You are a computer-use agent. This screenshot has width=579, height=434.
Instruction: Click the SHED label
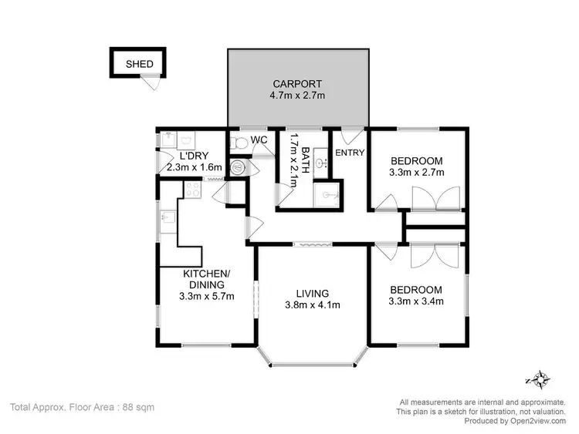140,64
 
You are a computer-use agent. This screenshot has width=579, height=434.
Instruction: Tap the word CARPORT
297,84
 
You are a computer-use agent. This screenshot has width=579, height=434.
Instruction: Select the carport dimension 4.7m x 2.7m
297,96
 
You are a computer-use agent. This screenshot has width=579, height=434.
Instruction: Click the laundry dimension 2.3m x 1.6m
195,167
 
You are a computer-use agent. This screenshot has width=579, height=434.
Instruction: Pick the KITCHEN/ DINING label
205,279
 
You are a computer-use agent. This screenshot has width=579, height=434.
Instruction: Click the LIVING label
313,293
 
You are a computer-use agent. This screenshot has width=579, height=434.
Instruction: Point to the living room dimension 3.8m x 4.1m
313,304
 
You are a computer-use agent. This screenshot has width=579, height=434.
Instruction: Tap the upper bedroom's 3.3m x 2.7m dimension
417,173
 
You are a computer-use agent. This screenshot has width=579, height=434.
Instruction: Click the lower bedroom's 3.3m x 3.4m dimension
417,301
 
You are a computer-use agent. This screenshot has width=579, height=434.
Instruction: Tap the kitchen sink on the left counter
167,222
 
